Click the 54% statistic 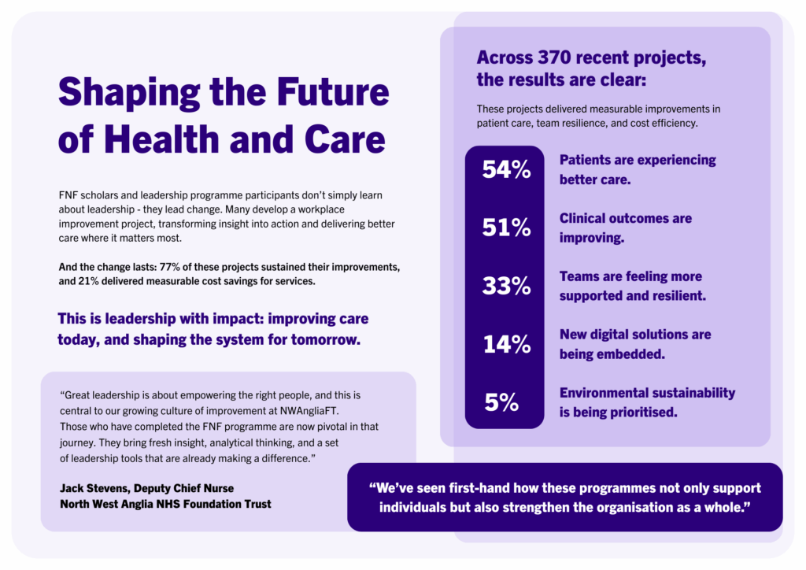click(x=506, y=169)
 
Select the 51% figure click(x=506, y=228)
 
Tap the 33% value click(x=506, y=286)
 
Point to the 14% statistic click(x=506, y=344)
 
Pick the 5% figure click(x=501, y=402)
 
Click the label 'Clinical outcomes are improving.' click(x=626, y=227)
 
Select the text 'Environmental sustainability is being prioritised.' click(x=647, y=402)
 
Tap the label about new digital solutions click(x=634, y=344)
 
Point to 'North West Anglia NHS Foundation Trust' click(x=165, y=504)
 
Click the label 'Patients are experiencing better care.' click(x=638, y=169)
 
